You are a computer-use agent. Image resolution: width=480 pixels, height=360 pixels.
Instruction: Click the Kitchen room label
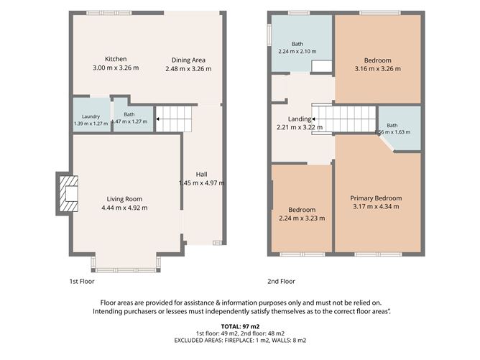[x=116, y=59]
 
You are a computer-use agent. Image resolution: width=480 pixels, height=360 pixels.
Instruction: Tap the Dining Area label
[x=188, y=60]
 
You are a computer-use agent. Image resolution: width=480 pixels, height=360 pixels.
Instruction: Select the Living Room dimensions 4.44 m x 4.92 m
[x=124, y=208]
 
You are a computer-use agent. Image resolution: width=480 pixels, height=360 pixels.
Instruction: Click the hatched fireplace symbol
[x=68, y=193]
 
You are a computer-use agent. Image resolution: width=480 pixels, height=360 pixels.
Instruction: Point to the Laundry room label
[x=91, y=116]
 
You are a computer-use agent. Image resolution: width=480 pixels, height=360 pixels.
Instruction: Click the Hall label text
[x=201, y=174]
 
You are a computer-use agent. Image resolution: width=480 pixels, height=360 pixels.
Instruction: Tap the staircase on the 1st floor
[x=174, y=119]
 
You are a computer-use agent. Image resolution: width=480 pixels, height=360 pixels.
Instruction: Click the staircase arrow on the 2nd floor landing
[x=313, y=119]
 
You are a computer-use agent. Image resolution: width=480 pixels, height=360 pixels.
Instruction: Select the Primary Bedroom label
[x=376, y=198]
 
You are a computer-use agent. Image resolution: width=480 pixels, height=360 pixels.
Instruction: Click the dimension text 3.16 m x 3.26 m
[x=378, y=69]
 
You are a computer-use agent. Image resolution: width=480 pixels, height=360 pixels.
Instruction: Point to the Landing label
[x=300, y=119]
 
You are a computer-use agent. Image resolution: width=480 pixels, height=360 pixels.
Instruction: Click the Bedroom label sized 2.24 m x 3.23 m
[x=302, y=210]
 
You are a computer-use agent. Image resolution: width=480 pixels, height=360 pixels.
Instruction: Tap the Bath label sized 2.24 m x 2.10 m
[x=297, y=44]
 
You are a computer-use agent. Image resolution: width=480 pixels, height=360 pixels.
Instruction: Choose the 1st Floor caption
[x=82, y=282]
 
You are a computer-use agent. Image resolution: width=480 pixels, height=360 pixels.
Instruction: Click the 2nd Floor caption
[x=282, y=282]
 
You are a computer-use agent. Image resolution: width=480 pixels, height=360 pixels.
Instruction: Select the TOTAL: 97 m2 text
[x=240, y=327]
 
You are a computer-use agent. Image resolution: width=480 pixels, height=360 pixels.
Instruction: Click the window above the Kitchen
[x=109, y=13]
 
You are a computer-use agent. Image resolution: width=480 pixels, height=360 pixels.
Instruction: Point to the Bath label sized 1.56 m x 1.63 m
[x=392, y=126]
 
